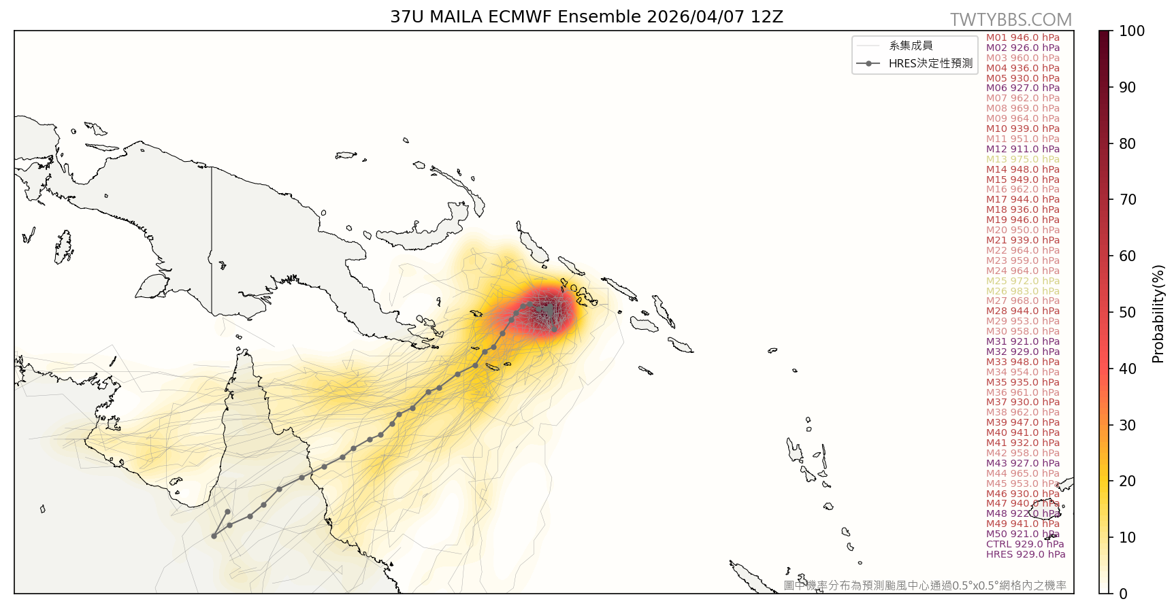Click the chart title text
coord(586,17)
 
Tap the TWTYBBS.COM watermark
coord(1011,20)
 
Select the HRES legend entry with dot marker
coord(915,63)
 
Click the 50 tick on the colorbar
coord(1127,312)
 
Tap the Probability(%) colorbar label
coord(1158,313)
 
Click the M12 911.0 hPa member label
coord(1023,149)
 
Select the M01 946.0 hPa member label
coord(1023,37)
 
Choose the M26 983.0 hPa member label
coord(1023,291)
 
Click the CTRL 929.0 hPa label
coord(1025,544)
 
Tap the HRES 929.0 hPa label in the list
coord(1026,554)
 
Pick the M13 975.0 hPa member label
coord(1023,159)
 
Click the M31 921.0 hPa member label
coord(1023,341)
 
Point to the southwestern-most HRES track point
coord(214,536)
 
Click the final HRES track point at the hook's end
coord(227,512)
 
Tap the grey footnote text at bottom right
coord(924,585)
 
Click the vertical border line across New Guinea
coord(212,238)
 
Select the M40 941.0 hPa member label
coord(1023,432)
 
